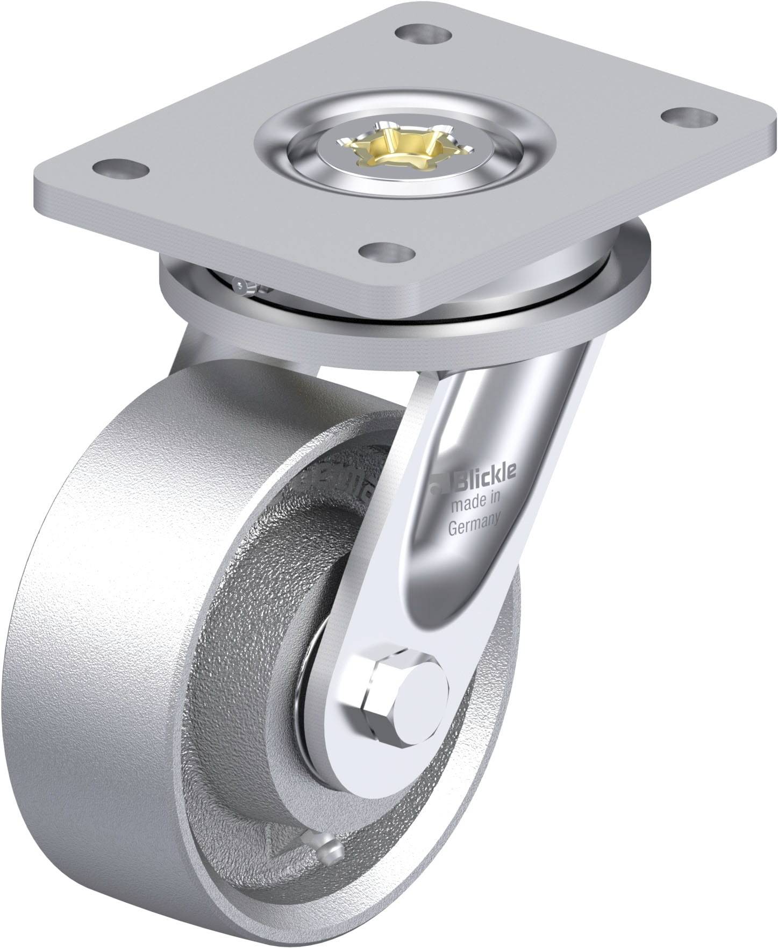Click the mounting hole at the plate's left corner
coord(120,168)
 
